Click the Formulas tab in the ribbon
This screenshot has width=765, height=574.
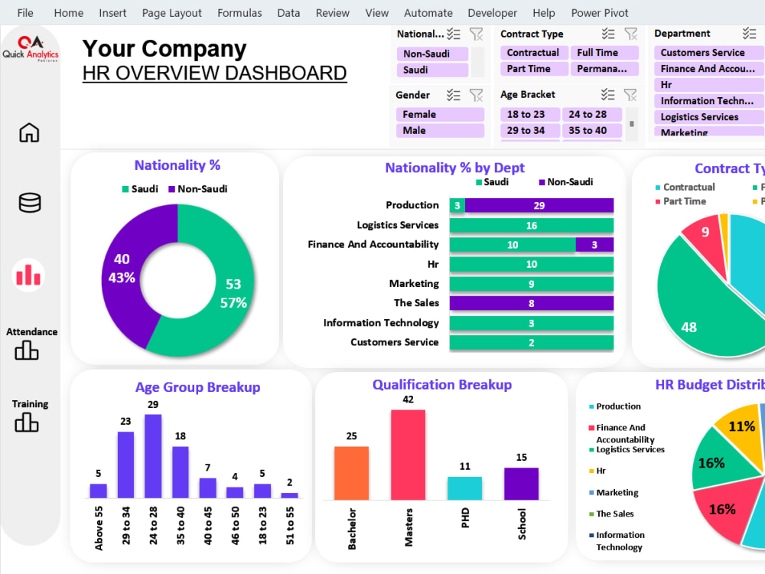pyautogui.click(x=239, y=13)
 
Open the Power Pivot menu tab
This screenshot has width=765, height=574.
pyautogui.click(x=600, y=13)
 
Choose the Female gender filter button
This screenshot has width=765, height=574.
pyautogui.click(x=439, y=114)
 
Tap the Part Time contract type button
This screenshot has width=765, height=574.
pyautogui.click(x=533, y=69)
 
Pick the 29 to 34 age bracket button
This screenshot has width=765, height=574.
pyautogui.click(x=530, y=130)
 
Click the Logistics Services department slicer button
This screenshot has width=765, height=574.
pyautogui.click(x=708, y=117)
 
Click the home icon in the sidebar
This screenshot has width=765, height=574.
pyautogui.click(x=29, y=132)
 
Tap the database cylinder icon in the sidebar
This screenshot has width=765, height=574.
pyautogui.click(x=30, y=203)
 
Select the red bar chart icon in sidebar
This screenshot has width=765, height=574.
pyautogui.click(x=29, y=275)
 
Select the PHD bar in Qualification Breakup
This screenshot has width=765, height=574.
pyautogui.click(x=464, y=488)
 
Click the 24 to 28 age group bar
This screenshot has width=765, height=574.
pyautogui.click(x=153, y=456)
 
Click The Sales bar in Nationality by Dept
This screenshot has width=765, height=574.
pyautogui.click(x=531, y=303)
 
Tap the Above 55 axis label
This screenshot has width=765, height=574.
pyautogui.click(x=99, y=527)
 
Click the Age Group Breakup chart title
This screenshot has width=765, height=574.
pyautogui.click(x=197, y=387)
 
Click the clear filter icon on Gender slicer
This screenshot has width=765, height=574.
pyautogui.click(x=476, y=95)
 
